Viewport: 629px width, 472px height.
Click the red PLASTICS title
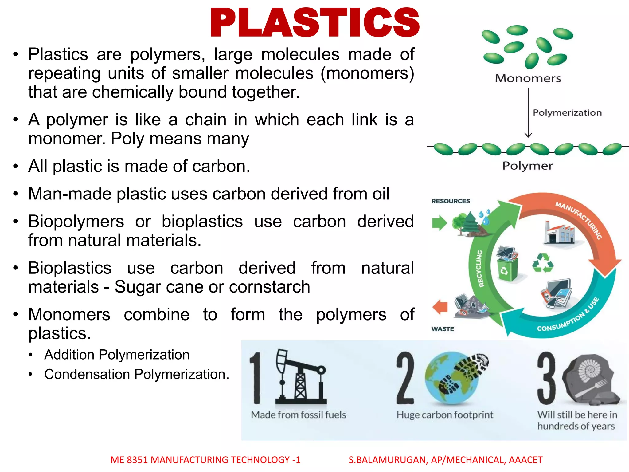point(314,23)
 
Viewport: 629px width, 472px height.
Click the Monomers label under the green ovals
point(528,78)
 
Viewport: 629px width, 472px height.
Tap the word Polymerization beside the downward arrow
point(567,112)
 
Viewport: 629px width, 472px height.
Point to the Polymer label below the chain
point(527,166)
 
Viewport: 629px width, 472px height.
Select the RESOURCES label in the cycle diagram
point(451,201)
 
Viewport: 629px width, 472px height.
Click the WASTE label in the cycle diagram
point(443,329)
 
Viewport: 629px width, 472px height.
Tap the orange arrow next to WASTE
point(440,307)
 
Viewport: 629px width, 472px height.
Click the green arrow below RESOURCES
point(440,222)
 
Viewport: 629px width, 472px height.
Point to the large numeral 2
point(405,378)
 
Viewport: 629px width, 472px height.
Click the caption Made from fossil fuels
point(298,415)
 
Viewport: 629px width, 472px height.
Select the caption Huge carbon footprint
point(444,415)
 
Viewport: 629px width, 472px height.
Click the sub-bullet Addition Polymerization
point(117,355)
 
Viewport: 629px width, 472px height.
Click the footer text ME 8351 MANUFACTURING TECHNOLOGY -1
point(205,460)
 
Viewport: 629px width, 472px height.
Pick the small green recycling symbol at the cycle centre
point(543,263)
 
